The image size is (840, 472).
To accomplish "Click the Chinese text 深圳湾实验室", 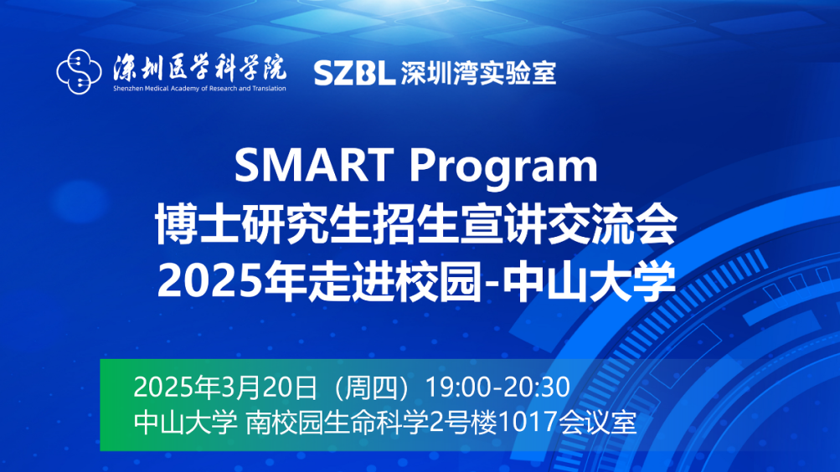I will click(478, 73).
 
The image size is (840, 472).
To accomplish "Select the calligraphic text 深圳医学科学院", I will click(199, 66).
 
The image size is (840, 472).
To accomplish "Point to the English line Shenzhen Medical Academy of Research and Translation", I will click(199, 87).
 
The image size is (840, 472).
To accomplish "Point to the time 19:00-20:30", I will click(498, 388).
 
